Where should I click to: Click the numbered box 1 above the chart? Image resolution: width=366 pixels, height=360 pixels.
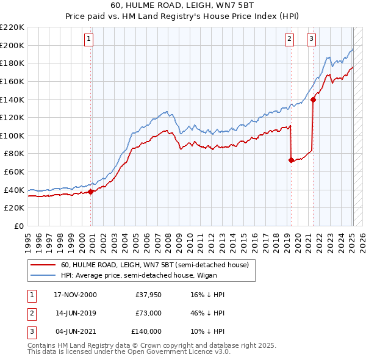click(x=88, y=39)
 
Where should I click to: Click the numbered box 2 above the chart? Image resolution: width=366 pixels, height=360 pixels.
click(x=289, y=39)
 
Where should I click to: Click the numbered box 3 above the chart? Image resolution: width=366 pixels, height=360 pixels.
click(x=311, y=39)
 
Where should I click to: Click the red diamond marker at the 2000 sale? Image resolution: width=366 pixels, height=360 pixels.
click(x=91, y=192)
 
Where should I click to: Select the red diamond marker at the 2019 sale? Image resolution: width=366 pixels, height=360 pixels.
click(x=291, y=160)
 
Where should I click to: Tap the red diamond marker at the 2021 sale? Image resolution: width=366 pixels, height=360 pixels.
click(x=313, y=99)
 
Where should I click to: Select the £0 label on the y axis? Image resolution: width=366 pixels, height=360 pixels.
click(x=18, y=226)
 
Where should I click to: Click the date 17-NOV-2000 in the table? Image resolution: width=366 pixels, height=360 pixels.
click(x=76, y=295)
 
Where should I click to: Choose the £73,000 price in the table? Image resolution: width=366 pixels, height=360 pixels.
click(x=148, y=313)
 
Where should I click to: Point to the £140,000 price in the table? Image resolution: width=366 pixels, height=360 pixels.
click(x=146, y=331)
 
